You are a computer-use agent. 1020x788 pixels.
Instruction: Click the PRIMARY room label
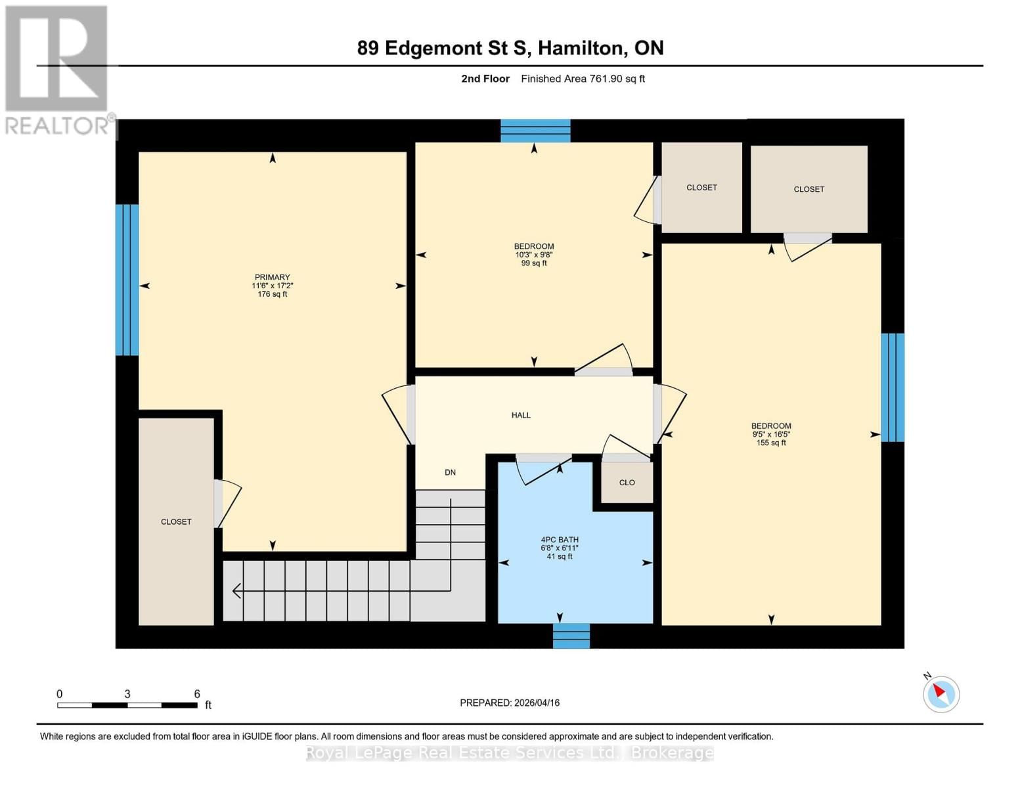point(272,278)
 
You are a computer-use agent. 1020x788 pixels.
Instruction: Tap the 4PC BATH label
point(559,540)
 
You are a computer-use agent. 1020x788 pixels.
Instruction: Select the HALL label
point(521,415)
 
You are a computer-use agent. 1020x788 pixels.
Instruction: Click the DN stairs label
point(450,472)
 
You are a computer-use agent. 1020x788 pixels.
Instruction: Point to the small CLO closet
point(627,483)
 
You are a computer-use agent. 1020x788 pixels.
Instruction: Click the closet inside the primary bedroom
point(176,521)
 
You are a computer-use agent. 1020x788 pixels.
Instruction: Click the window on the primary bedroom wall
point(127,280)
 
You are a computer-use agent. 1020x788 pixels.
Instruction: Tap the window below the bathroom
point(571,636)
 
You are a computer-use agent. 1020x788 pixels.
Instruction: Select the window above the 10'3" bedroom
point(535,131)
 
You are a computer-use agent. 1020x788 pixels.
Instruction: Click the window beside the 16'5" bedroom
point(892,387)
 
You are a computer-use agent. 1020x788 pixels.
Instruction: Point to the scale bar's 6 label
point(196,694)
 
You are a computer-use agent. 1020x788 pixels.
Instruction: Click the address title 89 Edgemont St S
point(510,48)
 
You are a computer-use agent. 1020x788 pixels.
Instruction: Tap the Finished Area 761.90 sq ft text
point(583,79)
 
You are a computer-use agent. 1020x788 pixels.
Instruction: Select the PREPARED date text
point(510,703)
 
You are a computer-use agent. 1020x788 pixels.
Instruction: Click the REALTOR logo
point(58,70)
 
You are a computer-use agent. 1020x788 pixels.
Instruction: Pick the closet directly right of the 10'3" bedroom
point(701,188)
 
